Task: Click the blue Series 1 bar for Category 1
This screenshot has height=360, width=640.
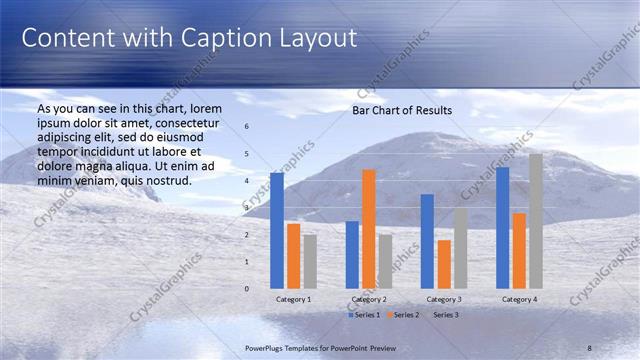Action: (277, 230)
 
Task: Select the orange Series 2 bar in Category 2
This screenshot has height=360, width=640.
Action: (368, 228)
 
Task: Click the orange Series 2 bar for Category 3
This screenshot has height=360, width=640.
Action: (444, 263)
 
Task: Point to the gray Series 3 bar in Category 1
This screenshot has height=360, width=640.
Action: (310, 261)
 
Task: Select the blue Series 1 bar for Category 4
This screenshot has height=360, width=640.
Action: (503, 227)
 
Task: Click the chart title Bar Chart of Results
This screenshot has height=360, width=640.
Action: (401, 110)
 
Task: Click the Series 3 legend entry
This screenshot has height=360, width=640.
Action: (444, 315)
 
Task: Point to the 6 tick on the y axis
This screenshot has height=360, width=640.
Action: (247, 127)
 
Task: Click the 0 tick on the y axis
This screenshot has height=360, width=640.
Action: (247, 288)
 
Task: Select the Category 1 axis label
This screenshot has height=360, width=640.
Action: (293, 299)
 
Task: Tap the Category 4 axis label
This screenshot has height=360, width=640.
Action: (519, 299)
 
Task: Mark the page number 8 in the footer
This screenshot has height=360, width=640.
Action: (589, 347)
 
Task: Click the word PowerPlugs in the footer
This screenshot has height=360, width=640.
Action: (267, 347)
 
